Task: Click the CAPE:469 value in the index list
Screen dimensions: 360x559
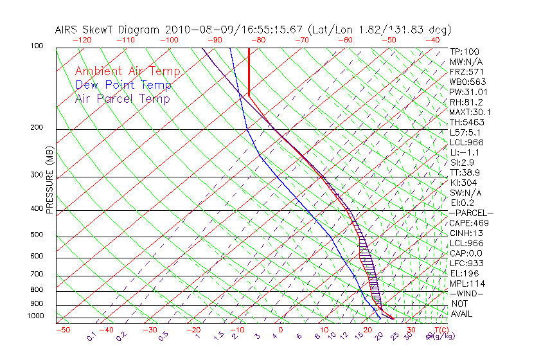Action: coord(466,223)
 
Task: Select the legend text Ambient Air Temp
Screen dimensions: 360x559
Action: coord(127,71)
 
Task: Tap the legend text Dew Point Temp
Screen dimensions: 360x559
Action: coord(123,85)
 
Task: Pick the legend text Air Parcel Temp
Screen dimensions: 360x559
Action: coord(122,98)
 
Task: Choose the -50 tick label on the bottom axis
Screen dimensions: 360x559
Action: coord(62,330)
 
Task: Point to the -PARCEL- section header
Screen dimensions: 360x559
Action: coord(471,213)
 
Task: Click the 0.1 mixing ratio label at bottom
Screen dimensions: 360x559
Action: coord(92,336)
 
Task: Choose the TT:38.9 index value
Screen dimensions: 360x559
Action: coord(465,172)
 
